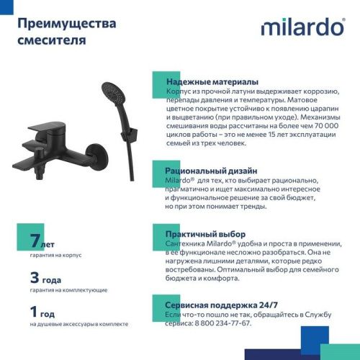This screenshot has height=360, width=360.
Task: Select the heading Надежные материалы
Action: click(212, 82)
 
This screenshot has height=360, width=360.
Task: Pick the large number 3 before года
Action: click(35, 277)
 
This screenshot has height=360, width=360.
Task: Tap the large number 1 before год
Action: click(34, 312)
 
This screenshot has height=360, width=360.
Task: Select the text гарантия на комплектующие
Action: click(69, 289)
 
